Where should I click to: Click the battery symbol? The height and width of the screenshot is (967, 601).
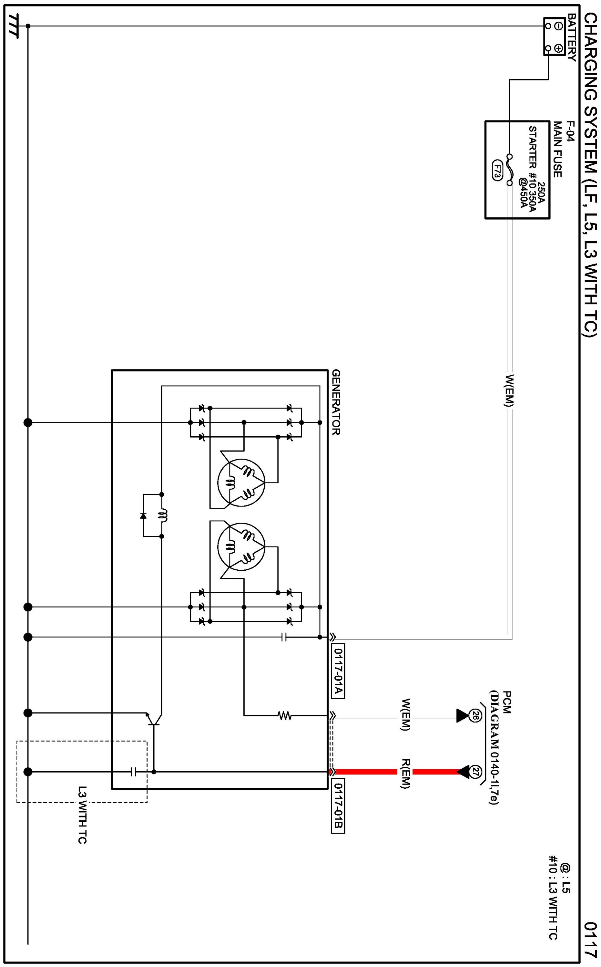point(554,36)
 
